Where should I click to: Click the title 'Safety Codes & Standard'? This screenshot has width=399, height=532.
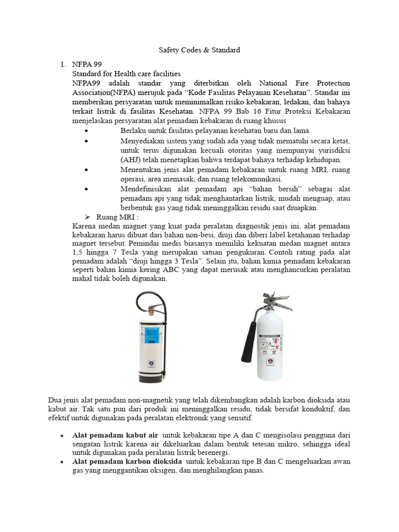[x=199, y=50]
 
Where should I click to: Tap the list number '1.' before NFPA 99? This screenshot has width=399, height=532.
[x=62, y=65]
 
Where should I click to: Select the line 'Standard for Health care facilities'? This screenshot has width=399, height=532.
[x=126, y=74]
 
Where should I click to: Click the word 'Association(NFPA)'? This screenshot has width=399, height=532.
[x=103, y=92]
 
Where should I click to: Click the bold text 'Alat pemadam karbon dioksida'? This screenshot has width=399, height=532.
[x=127, y=461]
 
